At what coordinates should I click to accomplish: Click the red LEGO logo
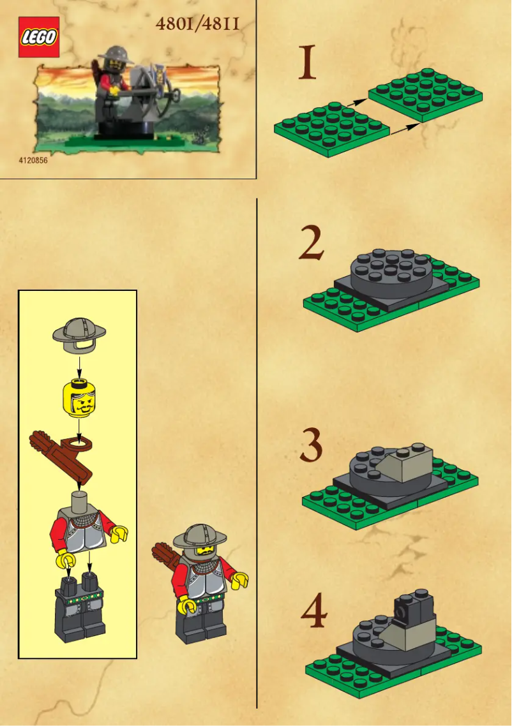[39, 37]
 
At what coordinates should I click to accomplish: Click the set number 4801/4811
[197, 24]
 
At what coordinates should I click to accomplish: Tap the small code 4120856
[33, 161]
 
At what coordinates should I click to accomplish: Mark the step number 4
[313, 612]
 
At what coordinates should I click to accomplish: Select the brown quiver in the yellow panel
[64, 454]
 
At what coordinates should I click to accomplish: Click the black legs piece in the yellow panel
[80, 606]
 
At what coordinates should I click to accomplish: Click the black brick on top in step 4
[413, 607]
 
